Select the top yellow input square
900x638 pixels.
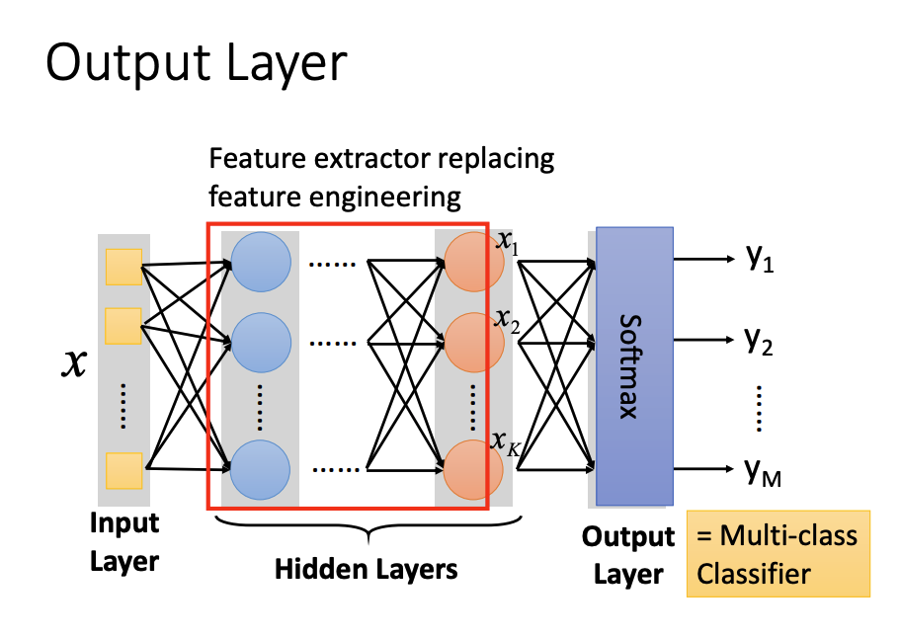(123, 267)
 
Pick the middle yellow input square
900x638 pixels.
(123, 326)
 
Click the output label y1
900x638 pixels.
(759, 260)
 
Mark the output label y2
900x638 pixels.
(759, 341)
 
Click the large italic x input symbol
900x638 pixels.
(73, 364)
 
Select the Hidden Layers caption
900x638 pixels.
(366, 569)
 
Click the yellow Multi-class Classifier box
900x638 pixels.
(777, 553)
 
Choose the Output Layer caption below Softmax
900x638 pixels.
(627, 555)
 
